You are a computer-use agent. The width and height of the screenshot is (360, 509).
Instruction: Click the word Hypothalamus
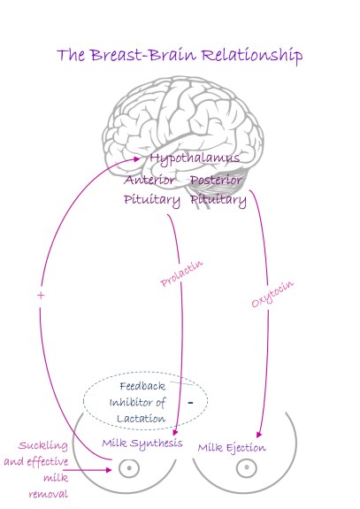point(195,158)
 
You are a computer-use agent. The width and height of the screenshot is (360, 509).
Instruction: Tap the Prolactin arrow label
point(175,273)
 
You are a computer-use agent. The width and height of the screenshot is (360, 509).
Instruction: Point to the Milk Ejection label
point(232,448)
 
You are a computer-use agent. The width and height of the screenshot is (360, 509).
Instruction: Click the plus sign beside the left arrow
point(41,295)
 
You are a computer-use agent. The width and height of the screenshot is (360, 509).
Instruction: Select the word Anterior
point(149,180)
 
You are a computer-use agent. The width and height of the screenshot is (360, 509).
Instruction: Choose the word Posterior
point(217,180)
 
